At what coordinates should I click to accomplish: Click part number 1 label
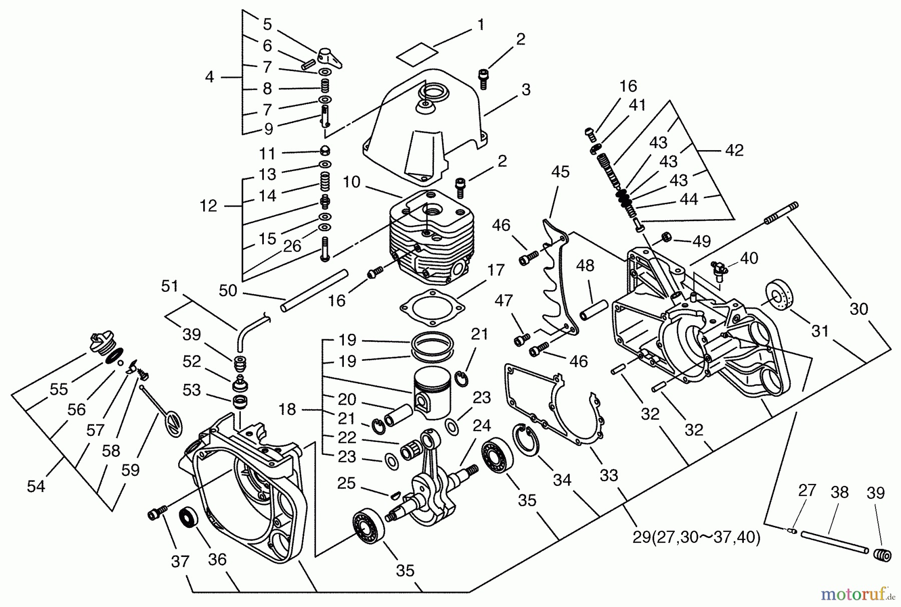click(x=481, y=24)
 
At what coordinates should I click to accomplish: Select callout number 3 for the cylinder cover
click(x=526, y=90)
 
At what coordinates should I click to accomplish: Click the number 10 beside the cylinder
click(x=352, y=182)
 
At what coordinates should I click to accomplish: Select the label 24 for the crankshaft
click(x=482, y=425)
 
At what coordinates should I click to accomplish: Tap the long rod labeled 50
click(x=314, y=290)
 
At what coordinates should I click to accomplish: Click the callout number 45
click(x=560, y=172)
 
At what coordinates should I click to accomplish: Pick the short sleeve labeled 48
click(x=593, y=310)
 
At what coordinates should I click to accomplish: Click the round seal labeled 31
click(x=780, y=299)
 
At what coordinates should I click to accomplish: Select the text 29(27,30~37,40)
click(x=696, y=537)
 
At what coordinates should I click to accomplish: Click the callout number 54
click(x=36, y=486)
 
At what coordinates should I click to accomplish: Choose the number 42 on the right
click(x=734, y=150)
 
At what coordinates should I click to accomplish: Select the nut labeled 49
click(x=666, y=236)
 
